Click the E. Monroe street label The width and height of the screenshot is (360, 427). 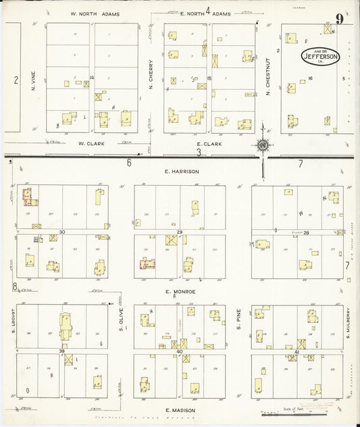point(180,291)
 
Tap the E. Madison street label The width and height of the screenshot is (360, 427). point(180,409)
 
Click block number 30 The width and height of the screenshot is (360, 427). point(61,232)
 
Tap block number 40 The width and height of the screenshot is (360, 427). point(180,352)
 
